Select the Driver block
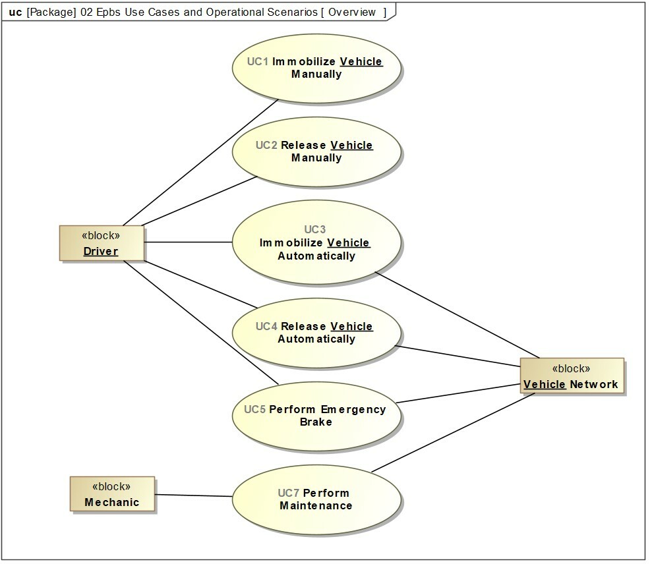102,244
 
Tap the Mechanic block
112,494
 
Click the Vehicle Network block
571,376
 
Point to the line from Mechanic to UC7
194,495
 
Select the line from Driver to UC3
188,242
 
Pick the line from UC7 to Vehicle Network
455,438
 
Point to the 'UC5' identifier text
254,409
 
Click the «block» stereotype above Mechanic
112,486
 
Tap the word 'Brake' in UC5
316,422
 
